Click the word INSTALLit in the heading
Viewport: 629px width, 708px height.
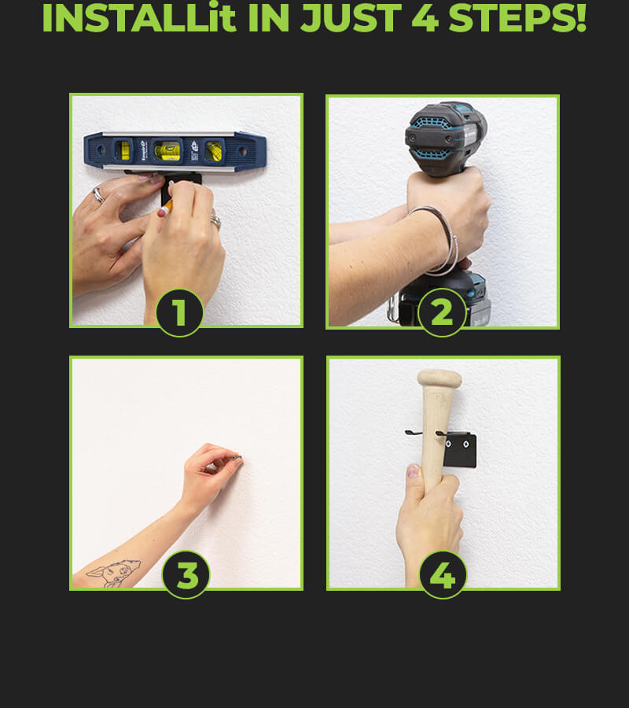tap(139, 17)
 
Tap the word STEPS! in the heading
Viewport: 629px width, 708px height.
tap(517, 17)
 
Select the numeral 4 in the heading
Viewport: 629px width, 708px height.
tap(425, 18)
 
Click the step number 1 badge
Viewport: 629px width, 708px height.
tap(179, 312)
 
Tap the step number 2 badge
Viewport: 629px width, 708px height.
tap(442, 312)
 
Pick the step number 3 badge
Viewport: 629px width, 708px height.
tap(186, 575)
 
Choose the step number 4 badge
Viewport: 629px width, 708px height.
tap(443, 575)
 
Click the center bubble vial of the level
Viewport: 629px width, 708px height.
tap(167, 151)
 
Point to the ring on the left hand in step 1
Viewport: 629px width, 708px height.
tap(98, 194)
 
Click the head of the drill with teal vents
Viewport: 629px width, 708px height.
tap(445, 137)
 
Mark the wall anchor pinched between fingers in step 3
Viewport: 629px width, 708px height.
tap(237, 458)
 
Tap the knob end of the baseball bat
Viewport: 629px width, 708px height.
tap(439, 378)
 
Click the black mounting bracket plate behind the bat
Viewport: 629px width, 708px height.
tap(459, 450)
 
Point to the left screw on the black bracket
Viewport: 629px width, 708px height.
tap(448, 444)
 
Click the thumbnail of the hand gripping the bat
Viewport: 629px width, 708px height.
tap(413, 471)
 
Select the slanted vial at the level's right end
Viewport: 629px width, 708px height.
tap(214, 151)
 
